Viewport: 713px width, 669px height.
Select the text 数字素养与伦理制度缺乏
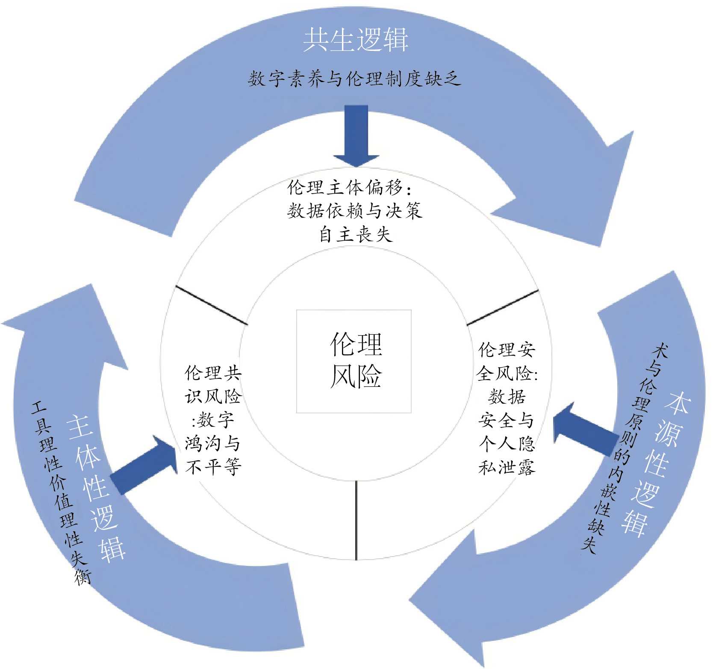point(354,79)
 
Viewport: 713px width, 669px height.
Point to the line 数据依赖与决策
point(354,211)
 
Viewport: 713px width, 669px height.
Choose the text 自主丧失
point(356,234)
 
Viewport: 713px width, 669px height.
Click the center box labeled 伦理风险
point(354,361)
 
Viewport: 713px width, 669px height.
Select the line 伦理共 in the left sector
point(213,373)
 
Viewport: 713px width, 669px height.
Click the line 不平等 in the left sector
point(213,467)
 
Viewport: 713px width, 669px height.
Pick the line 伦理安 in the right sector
point(507,350)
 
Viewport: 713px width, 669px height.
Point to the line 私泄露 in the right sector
point(507,467)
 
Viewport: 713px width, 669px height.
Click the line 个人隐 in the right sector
point(507,444)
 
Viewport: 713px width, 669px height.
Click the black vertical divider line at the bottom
point(356,520)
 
